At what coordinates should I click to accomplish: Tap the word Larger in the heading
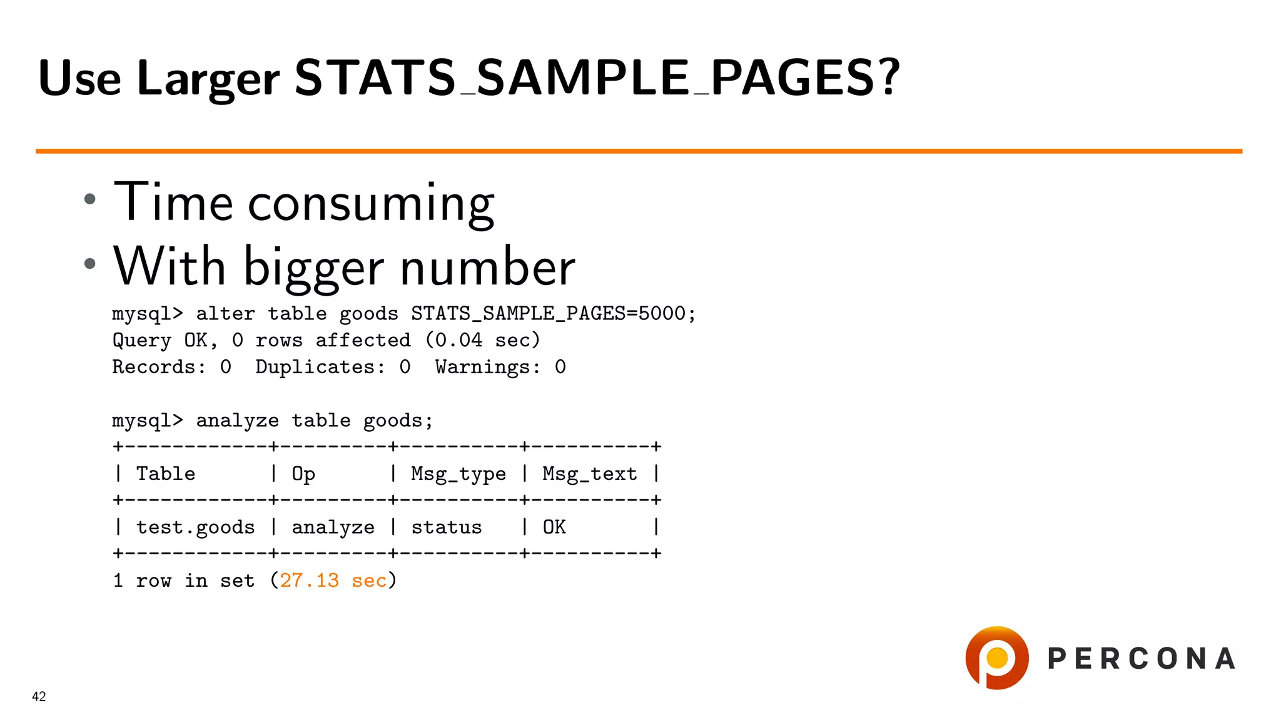click(208, 79)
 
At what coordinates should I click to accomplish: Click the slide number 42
click(39, 696)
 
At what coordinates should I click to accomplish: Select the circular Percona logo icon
click(997, 657)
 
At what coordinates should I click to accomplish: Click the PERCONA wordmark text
click(1142, 659)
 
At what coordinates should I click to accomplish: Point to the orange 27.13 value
click(309, 581)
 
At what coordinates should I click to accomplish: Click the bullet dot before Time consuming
click(90, 199)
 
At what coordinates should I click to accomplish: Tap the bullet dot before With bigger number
click(90, 264)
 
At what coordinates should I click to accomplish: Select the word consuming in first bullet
click(371, 203)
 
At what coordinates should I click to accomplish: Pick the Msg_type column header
click(458, 474)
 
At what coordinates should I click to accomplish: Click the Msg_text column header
click(589, 474)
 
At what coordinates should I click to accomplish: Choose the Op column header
click(303, 474)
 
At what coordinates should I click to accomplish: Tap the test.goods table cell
click(195, 527)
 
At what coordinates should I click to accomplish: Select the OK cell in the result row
click(554, 527)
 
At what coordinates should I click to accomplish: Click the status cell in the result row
click(446, 527)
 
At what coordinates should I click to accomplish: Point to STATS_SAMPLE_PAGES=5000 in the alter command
click(547, 313)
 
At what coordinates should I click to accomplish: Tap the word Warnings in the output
click(487, 367)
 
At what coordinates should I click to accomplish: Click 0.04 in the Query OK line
click(458, 340)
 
